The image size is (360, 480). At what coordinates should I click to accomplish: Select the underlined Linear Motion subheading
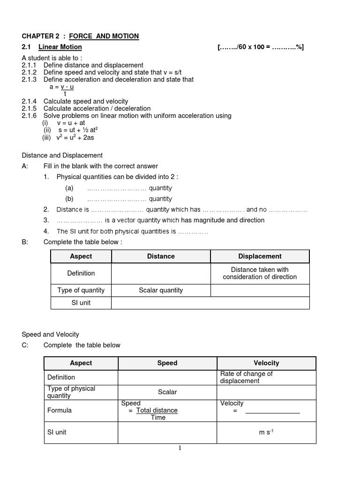(x=60, y=47)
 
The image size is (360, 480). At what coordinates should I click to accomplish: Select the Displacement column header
(x=260, y=256)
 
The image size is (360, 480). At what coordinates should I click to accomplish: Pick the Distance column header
(x=161, y=256)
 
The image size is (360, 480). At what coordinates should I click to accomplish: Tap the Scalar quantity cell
(x=161, y=290)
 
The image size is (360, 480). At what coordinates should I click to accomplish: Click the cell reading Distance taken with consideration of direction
(x=260, y=273)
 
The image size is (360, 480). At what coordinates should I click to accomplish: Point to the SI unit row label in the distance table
(x=81, y=303)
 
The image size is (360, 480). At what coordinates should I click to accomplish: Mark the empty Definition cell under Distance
(x=161, y=273)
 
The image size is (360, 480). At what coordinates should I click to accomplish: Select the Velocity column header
(x=266, y=363)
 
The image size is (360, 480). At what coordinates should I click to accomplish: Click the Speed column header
(x=167, y=363)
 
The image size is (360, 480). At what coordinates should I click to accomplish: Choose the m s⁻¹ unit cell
(x=266, y=432)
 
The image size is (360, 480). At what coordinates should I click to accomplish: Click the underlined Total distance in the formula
(x=157, y=410)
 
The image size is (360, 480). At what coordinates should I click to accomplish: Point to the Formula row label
(x=60, y=410)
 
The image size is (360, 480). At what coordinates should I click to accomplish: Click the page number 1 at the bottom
(x=180, y=448)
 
